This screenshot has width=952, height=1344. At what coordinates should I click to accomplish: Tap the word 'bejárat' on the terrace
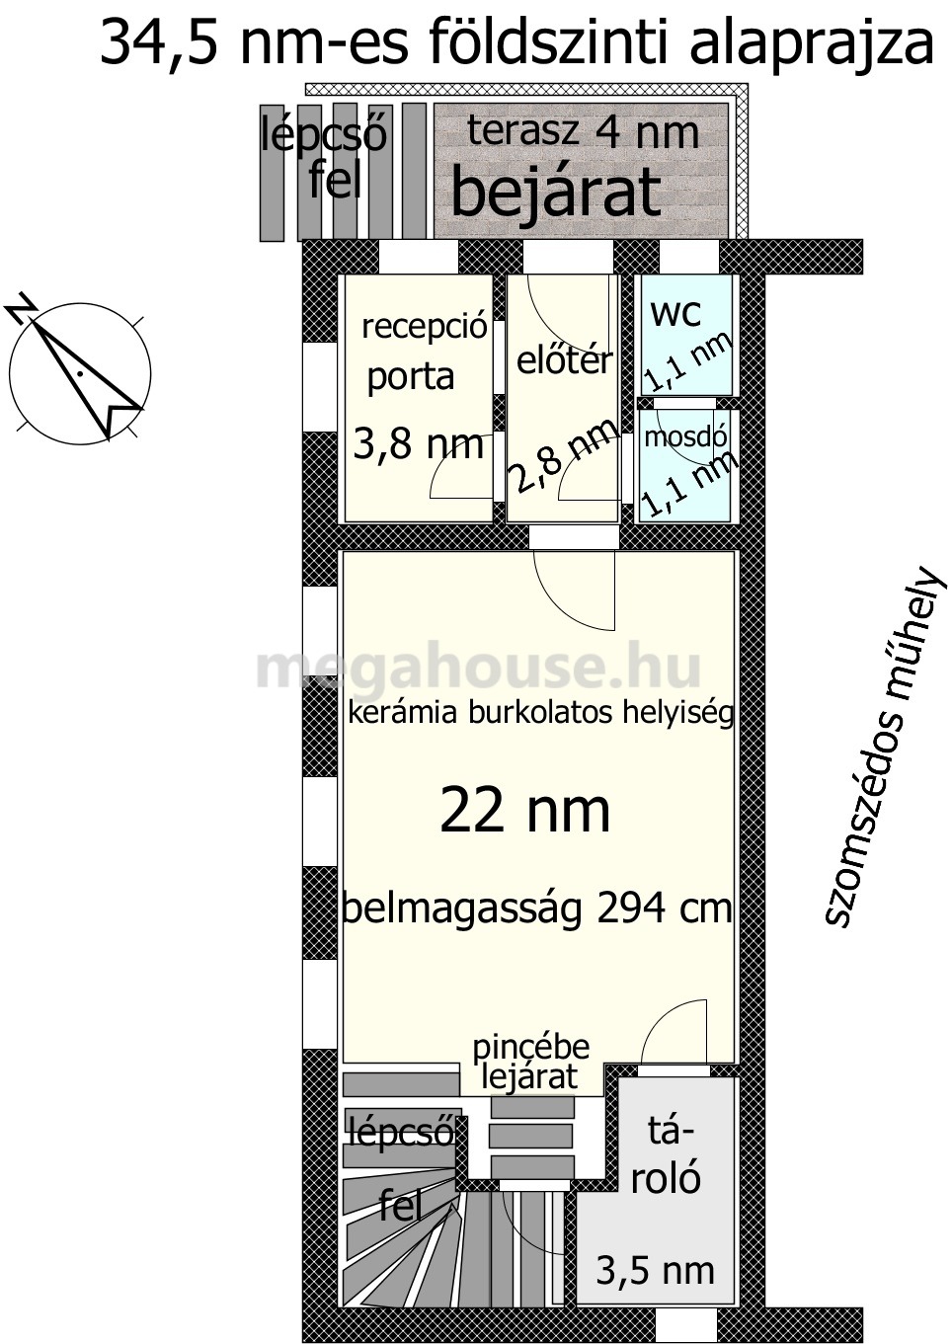(x=556, y=194)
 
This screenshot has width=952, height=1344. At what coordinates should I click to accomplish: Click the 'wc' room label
(x=675, y=313)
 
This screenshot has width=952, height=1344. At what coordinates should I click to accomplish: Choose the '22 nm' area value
(x=525, y=811)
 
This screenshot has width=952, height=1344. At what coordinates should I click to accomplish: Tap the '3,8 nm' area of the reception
(x=418, y=444)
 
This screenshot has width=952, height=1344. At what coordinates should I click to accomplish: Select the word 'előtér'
(x=565, y=360)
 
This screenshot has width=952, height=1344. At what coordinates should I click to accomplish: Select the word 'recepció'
(x=424, y=328)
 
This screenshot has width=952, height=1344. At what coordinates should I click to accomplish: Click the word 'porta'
(x=410, y=377)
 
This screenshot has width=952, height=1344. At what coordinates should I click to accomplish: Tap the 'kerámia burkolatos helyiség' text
(x=540, y=714)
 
